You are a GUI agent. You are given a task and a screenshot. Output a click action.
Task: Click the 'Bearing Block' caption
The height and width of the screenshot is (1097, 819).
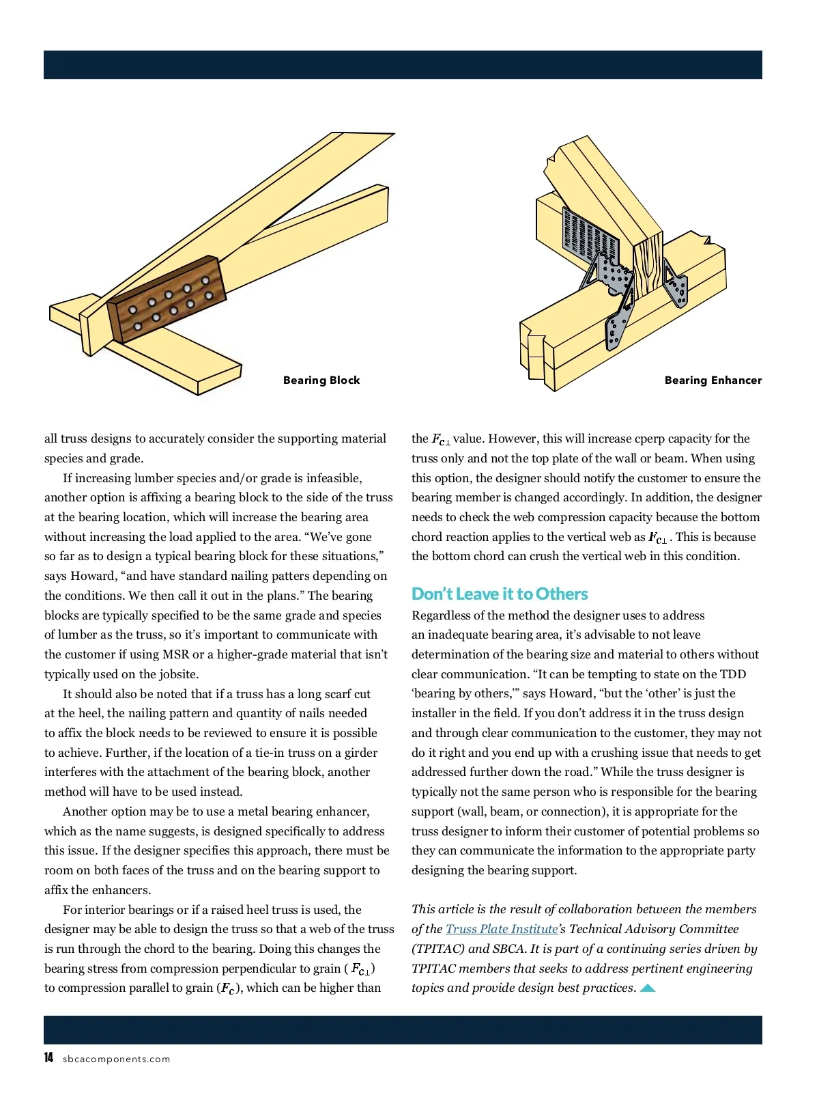click(x=321, y=380)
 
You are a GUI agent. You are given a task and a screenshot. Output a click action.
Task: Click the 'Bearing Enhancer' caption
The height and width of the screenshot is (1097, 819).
click(x=713, y=380)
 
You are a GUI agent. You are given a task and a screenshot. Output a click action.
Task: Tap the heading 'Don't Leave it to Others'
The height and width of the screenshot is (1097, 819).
click(x=500, y=594)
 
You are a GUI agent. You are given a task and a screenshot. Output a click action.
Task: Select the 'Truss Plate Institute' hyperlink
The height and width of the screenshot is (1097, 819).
click(x=502, y=929)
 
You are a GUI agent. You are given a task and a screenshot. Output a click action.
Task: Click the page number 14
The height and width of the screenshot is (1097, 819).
click(x=48, y=1058)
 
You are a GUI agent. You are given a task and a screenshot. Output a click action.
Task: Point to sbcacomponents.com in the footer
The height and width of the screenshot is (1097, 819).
click(x=116, y=1059)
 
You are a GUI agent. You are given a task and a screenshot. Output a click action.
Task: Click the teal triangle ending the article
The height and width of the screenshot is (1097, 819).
click(x=648, y=988)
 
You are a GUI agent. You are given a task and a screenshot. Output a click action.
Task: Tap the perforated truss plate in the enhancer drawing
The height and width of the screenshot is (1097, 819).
click(x=586, y=236)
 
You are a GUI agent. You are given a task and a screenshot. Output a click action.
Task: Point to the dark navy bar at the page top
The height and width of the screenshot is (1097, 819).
click(x=403, y=65)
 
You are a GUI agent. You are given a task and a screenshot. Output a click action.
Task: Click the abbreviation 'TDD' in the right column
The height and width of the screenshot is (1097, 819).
click(x=733, y=674)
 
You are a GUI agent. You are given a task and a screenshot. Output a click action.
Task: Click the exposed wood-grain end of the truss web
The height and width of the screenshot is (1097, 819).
click(x=648, y=266)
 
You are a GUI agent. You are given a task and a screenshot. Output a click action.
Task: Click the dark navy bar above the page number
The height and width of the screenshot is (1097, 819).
click(x=403, y=1029)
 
